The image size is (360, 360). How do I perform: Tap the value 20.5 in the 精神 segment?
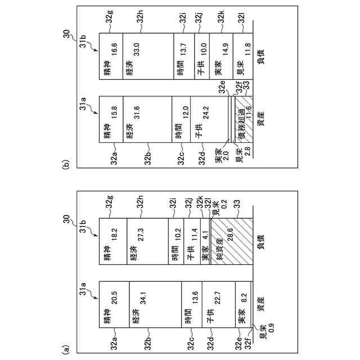(x=115, y=297)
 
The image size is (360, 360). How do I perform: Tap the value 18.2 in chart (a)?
(x=115, y=233)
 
